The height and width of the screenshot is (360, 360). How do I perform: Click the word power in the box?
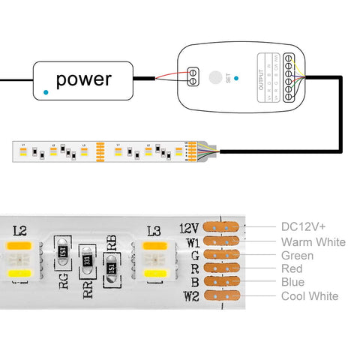pos(83,79)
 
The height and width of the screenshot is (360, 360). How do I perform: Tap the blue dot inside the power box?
pos(47,91)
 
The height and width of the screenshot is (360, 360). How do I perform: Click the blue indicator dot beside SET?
pos(237,77)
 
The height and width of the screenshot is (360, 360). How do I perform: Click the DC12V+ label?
pos(304,226)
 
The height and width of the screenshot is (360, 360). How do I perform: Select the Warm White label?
pos(313,241)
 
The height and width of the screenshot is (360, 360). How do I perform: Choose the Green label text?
pos(297,255)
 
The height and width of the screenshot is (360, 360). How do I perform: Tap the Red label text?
pos(292,268)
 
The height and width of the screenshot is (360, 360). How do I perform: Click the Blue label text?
pos(292,282)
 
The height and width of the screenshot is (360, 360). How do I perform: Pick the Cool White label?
pos(309,296)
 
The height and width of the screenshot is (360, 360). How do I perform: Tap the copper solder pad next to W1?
pos(221,241)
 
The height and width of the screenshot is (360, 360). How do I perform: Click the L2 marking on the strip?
pos(20,231)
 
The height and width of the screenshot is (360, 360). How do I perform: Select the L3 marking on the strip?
pos(154,231)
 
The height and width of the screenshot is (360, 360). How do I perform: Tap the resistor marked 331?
pos(88,261)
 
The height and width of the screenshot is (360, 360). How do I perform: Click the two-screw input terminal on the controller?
pos(193,75)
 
